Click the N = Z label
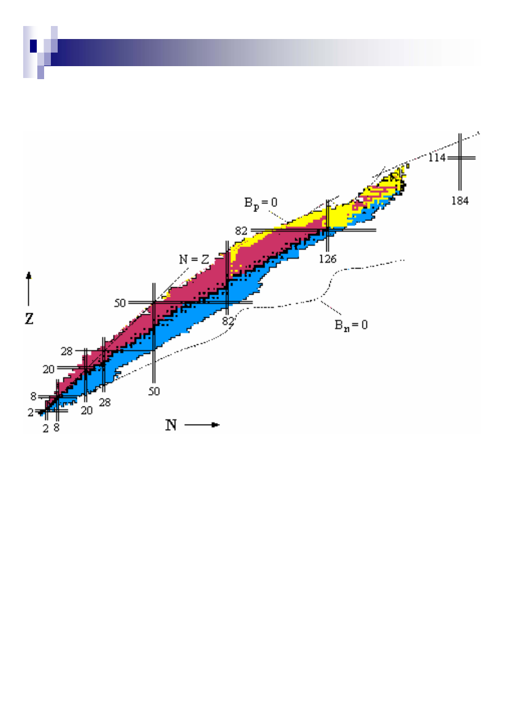pyautogui.click(x=194, y=259)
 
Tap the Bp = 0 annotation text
pyautogui.click(x=261, y=203)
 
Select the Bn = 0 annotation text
pyautogui.click(x=351, y=326)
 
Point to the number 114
pyautogui.click(x=437, y=158)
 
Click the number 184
pyautogui.click(x=460, y=201)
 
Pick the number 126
pyautogui.click(x=327, y=259)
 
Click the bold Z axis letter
pyautogui.click(x=29, y=318)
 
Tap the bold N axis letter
pyautogui.click(x=171, y=425)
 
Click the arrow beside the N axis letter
pyautogui.click(x=202, y=425)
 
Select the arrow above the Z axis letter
pyautogui.click(x=29, y=289)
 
